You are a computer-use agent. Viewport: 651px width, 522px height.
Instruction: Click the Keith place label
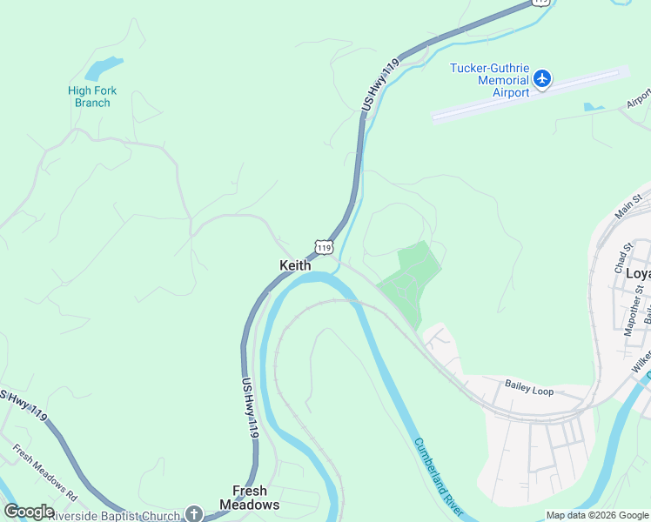coord(294,265)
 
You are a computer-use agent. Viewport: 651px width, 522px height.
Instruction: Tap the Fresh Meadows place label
coord(249,498)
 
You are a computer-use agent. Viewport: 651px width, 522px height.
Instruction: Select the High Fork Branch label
coord(92,97)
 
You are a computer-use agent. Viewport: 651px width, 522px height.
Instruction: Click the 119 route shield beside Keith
coord(324,247)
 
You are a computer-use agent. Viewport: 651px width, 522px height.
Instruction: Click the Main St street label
coord(628,208)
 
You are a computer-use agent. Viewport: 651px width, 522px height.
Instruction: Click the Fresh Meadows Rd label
coord(44,472)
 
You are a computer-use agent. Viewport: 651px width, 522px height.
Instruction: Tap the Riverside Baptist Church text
coord(116,515)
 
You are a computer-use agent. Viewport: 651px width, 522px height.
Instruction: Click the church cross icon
coord(193,514)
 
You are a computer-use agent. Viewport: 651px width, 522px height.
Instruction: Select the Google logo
coord(29,512)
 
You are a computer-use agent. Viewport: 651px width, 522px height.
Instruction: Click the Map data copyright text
coord(596,515)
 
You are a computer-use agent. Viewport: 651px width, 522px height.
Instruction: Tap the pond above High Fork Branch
coord(104,67)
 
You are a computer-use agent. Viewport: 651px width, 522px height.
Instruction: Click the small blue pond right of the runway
coord(594,107)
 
